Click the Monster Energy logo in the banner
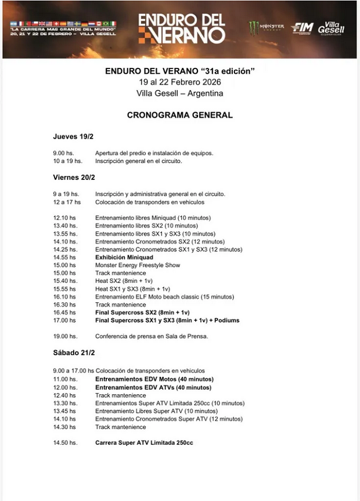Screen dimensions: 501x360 pyautogui.click(x=266, y=27)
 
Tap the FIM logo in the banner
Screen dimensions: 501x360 pyautogui.click(x=303, y=28)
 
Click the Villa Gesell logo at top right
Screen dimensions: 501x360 pyautogui.click(x=332, y=28)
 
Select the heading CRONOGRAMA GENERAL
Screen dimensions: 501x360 pyautogui.click(x=179, y=115)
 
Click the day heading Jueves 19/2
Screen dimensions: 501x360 pyautogui.click(x=73, y=137)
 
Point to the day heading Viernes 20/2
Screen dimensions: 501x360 pyautogui.click(x=74, y=177)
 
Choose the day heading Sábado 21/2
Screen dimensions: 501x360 pyautogui.click(x=74, y=353)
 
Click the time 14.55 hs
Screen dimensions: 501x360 pyautogui.click(x=64, y=257)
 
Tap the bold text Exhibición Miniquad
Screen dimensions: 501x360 pyautogui.click(x=124, y=257)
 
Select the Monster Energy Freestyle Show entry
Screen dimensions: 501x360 pyautogui.click(x=138, y=265)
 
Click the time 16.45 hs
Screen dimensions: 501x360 pyautogui.click(x=64, y=312)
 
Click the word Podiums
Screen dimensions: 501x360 pyautogui.click(x=225, y=320)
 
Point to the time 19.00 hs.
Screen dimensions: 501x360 pyautogui.click(x=64, y=336)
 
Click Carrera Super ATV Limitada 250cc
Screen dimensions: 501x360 pyautogui.click(x=144, y=443)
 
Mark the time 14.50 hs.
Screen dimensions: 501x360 pyautogui.click(x=64, y=443)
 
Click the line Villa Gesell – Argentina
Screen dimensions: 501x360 pyautogui.click(x=179, y=93)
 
